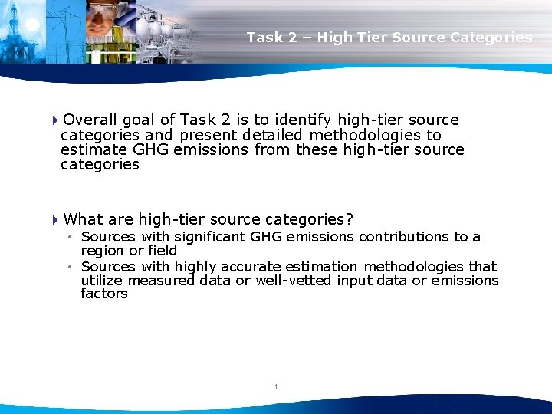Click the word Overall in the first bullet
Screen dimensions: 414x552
click(x=90, y=120)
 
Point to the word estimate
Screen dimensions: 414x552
click(x=90, y=149)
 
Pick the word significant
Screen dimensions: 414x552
click(x=206, y=237)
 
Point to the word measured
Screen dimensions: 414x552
click(x=162, y=281)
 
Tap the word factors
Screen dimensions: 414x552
click(x=104, y=294)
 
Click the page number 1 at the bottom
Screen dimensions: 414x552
click(x=275, y=387)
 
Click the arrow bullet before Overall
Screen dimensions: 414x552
click(x=56, y=120)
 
